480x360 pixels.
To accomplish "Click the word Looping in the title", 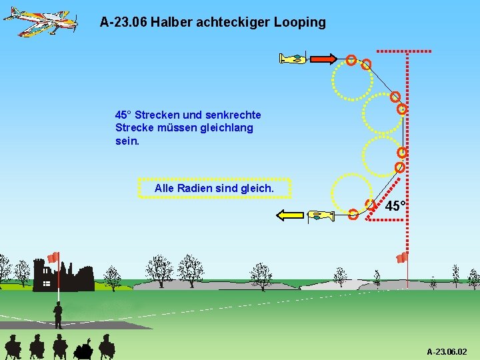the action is point(299,23).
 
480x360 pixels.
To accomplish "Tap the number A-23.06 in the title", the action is point(123,22).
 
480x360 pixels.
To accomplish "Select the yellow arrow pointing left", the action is point(291,215).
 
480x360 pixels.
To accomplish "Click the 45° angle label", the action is point(396,206).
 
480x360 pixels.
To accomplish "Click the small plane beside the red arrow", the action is point(293,59).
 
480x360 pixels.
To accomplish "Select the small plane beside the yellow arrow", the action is point(321,215).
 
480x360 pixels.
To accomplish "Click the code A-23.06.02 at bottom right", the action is point(447,351).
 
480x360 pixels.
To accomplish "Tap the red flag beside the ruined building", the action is point(53,257).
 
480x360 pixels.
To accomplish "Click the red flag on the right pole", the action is point(401,257).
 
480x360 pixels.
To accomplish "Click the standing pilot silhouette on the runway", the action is point(58,315).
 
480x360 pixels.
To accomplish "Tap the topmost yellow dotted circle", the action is point(352,80).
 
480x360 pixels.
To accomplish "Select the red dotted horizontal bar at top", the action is point(404,50).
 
